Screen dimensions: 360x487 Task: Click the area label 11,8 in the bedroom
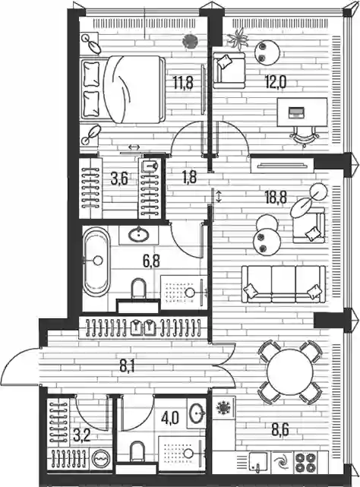coord(183,83)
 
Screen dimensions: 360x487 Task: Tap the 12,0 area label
coord(276,82)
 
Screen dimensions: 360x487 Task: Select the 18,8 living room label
coord(276,198)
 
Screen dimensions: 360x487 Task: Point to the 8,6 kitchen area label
coord(280,430)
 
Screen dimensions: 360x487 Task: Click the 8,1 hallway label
coord(128,367)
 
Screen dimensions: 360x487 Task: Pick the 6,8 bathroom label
coord(151,261)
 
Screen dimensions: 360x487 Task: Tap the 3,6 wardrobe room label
coord(119,179)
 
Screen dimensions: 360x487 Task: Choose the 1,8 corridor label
coord(189,178)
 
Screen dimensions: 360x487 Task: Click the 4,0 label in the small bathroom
coord(169,418)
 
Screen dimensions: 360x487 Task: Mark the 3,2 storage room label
coord(82,436)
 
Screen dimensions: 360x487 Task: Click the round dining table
coord(290,372)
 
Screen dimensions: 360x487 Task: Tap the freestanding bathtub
coord(96,262)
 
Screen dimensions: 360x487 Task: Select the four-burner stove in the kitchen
coord(305,463)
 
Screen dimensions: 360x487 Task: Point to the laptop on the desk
coord(297,112)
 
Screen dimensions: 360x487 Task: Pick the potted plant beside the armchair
coord(238,39)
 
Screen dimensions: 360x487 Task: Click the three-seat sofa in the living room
coord(283,284)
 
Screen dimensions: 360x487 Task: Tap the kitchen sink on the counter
coord(257,461)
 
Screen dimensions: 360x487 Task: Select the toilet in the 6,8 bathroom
coord(138,289)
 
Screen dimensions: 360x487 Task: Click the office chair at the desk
coord(305,136)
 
